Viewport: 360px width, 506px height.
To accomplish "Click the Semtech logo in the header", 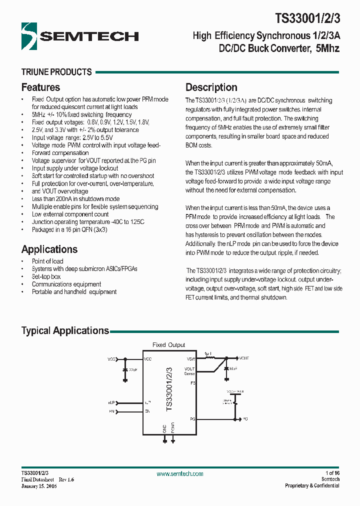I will (80, 35).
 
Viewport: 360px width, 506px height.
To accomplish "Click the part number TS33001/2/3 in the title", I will (307, 18).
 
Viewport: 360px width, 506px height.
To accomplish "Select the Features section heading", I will (40, 87).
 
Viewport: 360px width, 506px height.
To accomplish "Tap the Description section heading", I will (211, 87).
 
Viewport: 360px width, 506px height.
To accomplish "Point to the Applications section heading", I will (49, 249).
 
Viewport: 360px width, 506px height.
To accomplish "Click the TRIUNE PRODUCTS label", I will (56, 72).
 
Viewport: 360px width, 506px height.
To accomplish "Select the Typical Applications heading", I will (65, 330).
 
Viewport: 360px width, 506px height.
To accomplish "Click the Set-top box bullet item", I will (46, 276).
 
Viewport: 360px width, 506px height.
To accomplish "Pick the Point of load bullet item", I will (47, 261).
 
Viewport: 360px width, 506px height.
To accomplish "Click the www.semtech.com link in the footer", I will (180, 473).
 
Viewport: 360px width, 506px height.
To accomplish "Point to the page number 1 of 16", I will (332, 473).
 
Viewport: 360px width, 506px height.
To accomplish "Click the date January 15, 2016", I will (39, 486).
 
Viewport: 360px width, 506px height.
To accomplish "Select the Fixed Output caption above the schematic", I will (168, 345).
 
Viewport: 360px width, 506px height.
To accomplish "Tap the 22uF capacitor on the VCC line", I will (125, 370).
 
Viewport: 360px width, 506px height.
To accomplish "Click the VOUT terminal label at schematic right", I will (243, 358).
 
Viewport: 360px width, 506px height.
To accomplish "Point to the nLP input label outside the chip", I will (111, 402).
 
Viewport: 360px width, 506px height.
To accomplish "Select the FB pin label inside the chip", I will (192, 383).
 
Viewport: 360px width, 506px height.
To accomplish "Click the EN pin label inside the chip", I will (147, 411).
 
